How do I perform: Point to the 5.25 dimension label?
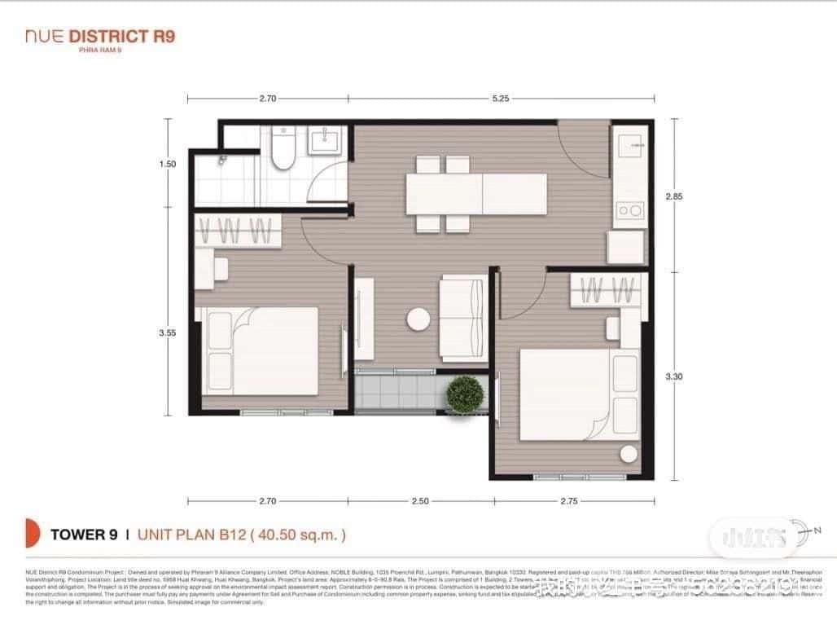point(501,99)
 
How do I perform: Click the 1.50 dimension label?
point(169,164)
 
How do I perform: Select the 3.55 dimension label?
point(169,332)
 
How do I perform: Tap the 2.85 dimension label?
point(673,196)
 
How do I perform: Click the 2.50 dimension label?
point(419,502)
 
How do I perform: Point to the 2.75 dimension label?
point(568,502)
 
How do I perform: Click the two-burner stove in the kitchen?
point(629,211)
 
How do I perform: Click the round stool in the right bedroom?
point(629,455)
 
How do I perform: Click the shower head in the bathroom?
point(221,161)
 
